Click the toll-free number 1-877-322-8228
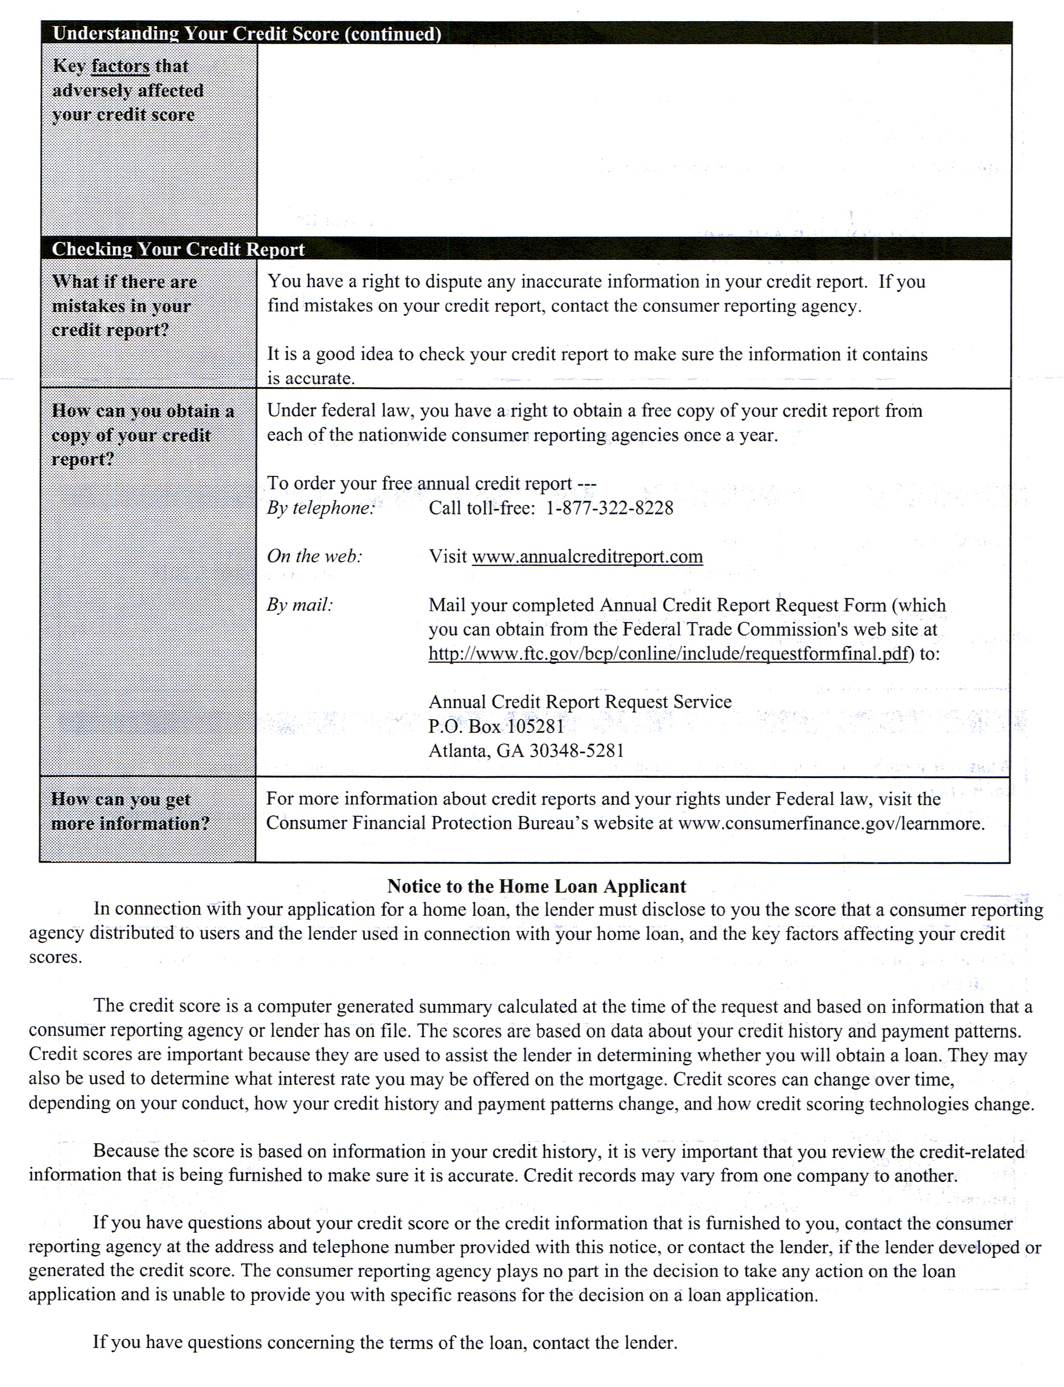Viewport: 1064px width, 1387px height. tap(609, 508)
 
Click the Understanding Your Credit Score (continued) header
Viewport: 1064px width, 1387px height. tap(246, 34)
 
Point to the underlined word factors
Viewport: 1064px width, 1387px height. tap(120, 66)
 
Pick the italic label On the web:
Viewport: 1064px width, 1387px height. tap(315, 556)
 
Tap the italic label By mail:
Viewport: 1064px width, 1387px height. tap(300, 605)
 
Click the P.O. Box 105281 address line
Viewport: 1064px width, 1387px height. tap(496, 726)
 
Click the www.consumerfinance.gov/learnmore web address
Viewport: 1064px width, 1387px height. tap(831, 823)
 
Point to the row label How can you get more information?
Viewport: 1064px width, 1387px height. tap(130, 811)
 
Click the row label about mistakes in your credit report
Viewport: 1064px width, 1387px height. tap(124, 306)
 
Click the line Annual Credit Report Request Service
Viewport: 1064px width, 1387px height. tap(580, 702)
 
